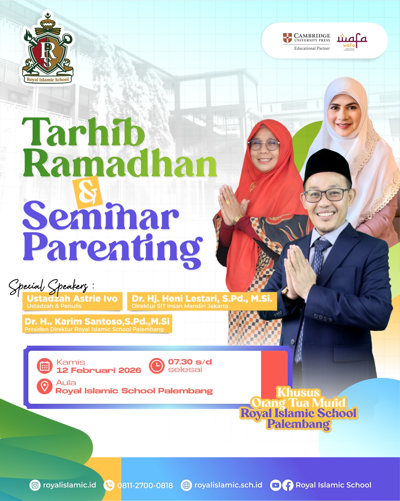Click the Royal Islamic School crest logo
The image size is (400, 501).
[48, 50]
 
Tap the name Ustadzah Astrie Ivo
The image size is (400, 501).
[72, 299]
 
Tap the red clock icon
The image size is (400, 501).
[156, 366]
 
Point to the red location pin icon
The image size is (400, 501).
[45, 386]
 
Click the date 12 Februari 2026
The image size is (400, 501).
[99, 370]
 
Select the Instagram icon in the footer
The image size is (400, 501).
[35, 485]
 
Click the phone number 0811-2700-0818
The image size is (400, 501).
[145, 486]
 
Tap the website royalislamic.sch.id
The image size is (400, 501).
[228, 485]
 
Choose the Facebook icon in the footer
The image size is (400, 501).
[288, 485]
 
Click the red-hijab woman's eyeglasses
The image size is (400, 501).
[264, 145]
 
